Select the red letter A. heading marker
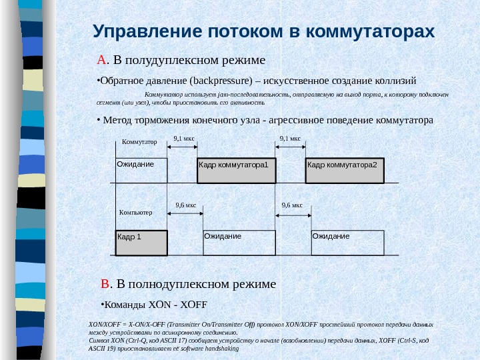(101, 61)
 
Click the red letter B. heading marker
(105, 285)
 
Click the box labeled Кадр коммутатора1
(237, 170)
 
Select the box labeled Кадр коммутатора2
(345, 170)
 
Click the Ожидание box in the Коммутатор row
(141, 170)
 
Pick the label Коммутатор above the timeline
(139, 142)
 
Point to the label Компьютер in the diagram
(136, 212)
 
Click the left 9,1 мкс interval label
(183, 139)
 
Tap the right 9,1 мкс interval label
(290, 139)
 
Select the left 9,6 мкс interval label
(185, 205)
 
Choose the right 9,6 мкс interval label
(292, 205)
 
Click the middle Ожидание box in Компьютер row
(239, 242)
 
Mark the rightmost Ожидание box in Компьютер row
(347, 242)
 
